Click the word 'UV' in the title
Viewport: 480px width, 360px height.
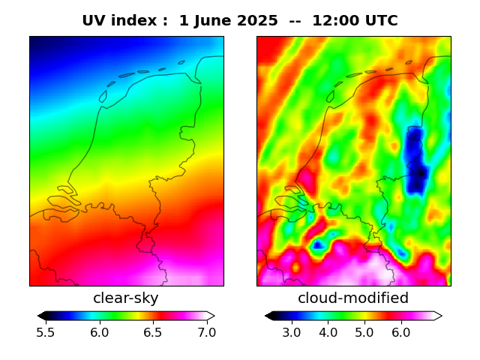click(94, 21)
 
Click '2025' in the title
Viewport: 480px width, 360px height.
click(256, 21)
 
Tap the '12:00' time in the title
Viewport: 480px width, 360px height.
click(334, 21)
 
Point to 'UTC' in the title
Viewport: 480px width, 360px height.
click(379, 21)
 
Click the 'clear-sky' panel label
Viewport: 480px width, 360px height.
click(126, 298)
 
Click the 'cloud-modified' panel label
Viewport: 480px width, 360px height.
click(353, 298)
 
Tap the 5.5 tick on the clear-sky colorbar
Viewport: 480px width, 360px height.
click(46, 332)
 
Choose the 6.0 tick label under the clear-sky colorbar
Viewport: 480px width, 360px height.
click(99, 332)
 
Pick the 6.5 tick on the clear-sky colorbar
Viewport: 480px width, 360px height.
click(153, 332)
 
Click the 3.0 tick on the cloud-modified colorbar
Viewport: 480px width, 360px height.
click(292, 332)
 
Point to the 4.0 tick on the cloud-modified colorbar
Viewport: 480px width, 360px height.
click(328, 332)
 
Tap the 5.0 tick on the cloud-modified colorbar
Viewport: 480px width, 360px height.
click(364, 332)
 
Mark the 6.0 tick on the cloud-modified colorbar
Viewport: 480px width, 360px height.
click(400, 332)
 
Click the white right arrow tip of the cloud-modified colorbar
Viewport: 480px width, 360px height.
click(438, 316)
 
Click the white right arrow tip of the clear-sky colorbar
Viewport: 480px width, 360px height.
click(211, 316)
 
